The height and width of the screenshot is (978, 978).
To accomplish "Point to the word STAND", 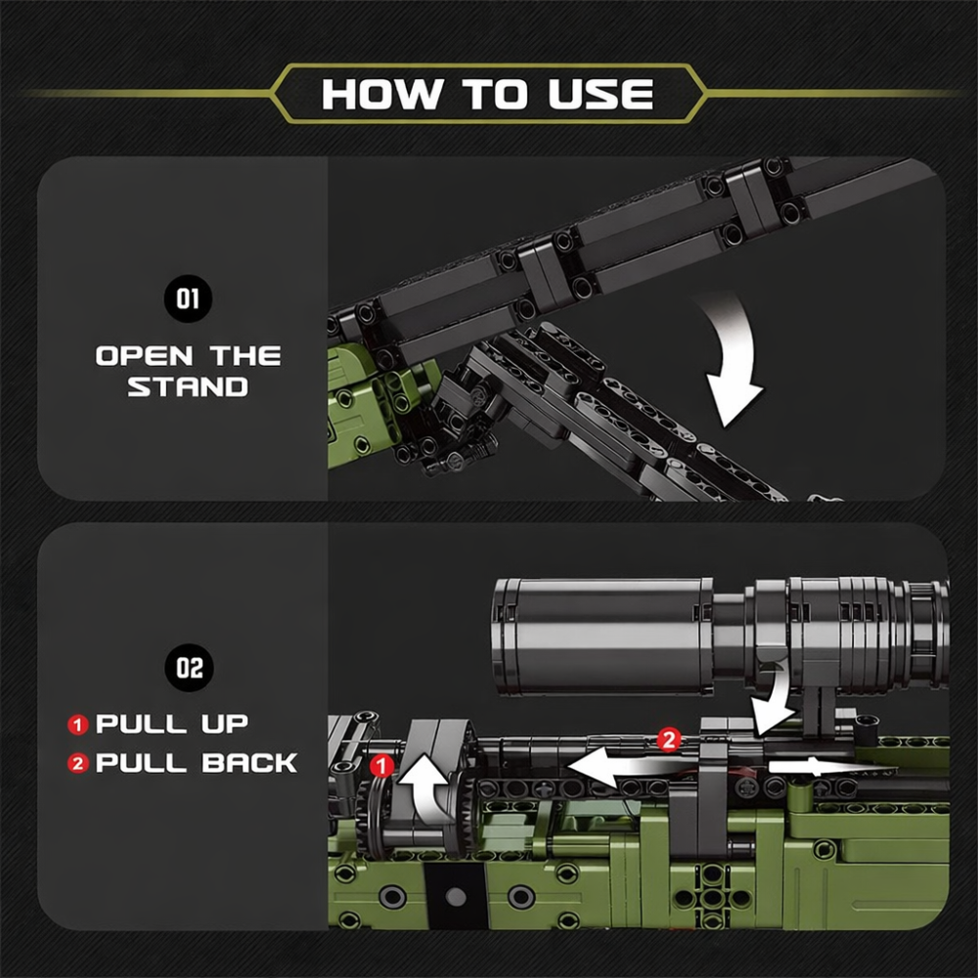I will [188, 386].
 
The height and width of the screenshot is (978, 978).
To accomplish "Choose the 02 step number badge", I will [189, 669].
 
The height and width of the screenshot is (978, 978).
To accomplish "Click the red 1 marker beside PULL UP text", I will [78, 726].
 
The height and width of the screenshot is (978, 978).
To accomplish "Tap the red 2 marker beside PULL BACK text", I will [78, 764].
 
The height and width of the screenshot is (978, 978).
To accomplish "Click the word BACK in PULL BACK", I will [249, 764].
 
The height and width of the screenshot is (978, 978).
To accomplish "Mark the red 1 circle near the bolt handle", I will [383, 763].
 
